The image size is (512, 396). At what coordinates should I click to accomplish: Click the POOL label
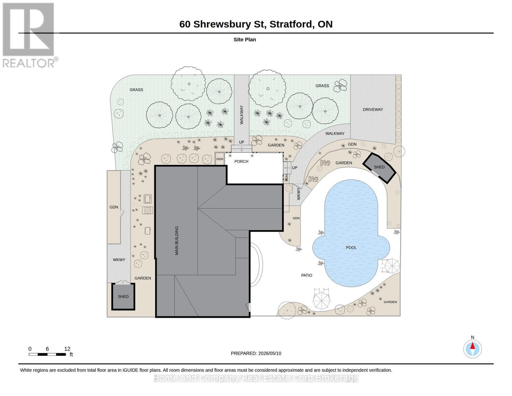(351, 247)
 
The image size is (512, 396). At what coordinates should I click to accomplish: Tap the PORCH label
(241, 161)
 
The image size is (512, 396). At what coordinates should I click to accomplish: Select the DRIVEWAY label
(373, 110)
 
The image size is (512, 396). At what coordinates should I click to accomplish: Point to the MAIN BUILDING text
(177, 240)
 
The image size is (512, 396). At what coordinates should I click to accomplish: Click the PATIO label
(307, 275)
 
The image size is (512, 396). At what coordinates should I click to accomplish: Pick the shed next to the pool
(379, 168)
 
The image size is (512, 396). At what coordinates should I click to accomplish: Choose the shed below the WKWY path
(123, 296)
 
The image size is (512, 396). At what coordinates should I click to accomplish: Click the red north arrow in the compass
(472, 346)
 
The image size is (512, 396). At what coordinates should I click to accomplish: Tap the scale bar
(47, 354)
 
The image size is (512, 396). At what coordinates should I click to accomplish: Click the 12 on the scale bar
(67, 349)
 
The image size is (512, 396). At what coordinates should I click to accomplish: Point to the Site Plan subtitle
(245, 40)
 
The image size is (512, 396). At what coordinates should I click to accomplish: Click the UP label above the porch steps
(242, 142)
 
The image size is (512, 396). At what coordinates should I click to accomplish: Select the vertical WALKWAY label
(242, 115)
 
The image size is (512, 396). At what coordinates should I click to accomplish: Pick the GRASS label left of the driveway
(322, 85)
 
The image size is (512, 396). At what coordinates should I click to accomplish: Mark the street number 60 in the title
(185, 24)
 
